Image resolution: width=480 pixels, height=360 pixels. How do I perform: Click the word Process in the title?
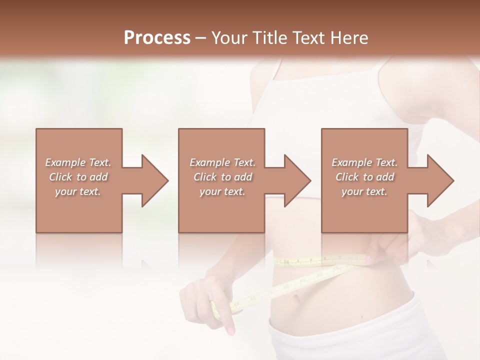click(157, 38)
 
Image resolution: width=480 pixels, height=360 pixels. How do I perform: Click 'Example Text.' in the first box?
click(78, 162)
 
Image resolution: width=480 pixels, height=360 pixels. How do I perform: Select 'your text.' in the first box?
click(78, 191)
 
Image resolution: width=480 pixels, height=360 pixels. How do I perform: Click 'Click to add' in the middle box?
click(222, 177)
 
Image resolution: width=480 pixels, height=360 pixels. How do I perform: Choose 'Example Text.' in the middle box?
click(222, 162)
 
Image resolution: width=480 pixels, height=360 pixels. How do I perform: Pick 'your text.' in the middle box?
click(222, 191)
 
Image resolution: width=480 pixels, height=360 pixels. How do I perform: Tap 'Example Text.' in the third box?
click(364, 162)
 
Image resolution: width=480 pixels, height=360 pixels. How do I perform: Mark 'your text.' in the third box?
click(364, 191)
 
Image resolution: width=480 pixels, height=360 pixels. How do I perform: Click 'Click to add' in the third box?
click(364, 177)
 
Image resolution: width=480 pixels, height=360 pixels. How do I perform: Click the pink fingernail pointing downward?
click(230, 330)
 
